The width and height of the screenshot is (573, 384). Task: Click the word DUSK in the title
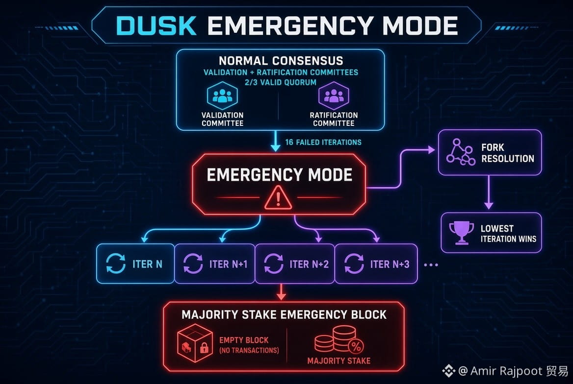(156, 25)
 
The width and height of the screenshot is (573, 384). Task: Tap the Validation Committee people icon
(222, 96)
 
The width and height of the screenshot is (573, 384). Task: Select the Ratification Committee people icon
(334, 96)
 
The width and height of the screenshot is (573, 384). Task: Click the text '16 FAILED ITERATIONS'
(323, 143)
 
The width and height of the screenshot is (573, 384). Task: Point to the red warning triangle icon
(278, 198)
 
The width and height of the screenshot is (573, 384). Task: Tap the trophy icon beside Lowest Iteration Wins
(461, 233)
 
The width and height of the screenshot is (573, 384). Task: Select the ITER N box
(135, 264)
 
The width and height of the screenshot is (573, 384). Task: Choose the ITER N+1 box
(214, 264)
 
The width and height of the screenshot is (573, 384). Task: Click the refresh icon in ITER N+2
(273, 264)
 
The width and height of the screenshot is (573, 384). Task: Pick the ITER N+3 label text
(390, 264)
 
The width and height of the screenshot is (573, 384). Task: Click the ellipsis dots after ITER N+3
(431, 265)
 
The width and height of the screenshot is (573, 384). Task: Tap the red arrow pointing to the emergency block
(281, 292)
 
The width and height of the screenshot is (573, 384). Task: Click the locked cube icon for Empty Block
(195, 343)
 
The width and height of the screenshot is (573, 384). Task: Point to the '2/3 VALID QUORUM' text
(281, 82)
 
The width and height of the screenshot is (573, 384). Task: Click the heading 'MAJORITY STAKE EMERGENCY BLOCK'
(284, 314)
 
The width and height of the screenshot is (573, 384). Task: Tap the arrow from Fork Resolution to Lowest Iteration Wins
(489, 192)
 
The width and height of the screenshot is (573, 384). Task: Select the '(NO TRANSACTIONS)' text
(249, 350)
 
